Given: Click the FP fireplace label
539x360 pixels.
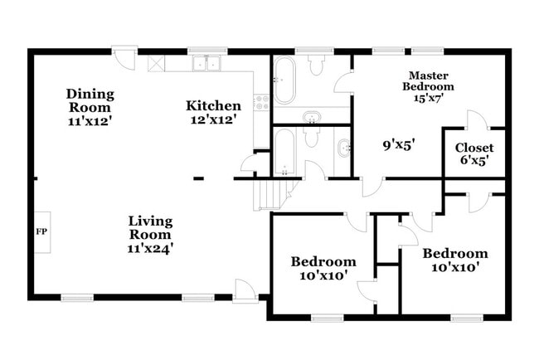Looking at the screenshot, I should point(40,231).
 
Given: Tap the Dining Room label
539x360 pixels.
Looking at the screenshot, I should point(90,94).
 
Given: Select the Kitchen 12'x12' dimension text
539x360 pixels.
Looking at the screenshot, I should point(213,119).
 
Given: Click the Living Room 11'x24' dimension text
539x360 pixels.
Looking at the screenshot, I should point(150,246).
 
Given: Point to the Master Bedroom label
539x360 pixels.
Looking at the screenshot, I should point(428,80).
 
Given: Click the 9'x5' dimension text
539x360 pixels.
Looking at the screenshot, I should point(398,144).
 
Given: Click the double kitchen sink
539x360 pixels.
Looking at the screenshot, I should point(206,63).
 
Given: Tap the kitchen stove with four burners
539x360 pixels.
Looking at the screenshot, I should point(263,101).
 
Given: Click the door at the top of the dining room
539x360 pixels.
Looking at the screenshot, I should point(124,58).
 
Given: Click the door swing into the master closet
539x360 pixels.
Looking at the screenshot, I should point(475,120).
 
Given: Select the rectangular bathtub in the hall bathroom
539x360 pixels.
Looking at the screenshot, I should point(284,152).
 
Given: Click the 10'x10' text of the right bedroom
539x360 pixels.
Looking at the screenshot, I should point(454,267).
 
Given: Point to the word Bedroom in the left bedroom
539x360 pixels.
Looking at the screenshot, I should point(323,261).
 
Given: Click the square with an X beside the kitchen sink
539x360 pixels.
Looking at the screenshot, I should point(155,62).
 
